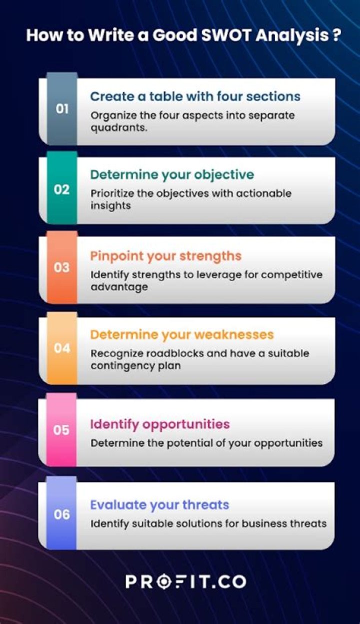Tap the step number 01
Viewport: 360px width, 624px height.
click(x=62, y=109)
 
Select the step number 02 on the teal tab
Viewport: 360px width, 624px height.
click(x=61, y=190)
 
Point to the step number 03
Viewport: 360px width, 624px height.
click(x=61, y=268)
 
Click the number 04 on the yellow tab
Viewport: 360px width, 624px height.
click(x=61, y=348)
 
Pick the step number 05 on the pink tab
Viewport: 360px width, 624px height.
click(x=61, y=429)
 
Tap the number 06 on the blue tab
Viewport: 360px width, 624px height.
click(x=61, y=514)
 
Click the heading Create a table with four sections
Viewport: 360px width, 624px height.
click(x=195, y=96)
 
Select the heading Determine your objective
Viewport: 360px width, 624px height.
click(x=171, y=175)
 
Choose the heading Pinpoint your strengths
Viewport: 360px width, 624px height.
click(x=165, y=256)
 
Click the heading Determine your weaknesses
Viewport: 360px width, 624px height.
click(x=181, y=334)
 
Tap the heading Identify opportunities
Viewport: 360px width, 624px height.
click(x=159, y=424)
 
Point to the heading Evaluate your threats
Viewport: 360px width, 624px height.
click(x=159, y=504)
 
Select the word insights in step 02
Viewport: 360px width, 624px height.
click(x=110, y=206)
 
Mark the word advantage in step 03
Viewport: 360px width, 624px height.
click(x=119, y=287)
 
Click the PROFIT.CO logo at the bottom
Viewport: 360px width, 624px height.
click(x=185, y=581)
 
